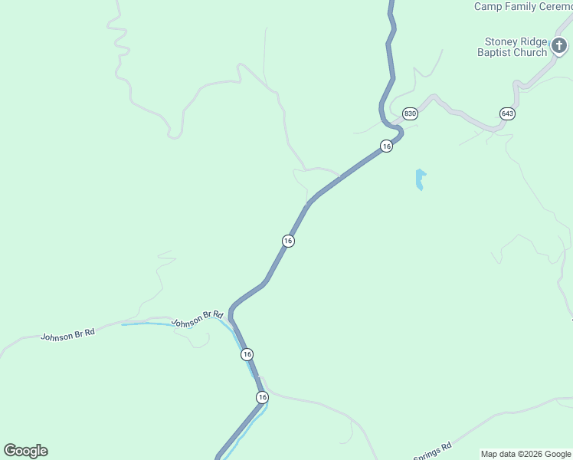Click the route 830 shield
(x=410, y=113)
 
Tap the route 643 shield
(x=507, y=113)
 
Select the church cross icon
(x=560, y=46)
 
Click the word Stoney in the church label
(x=501, y=41)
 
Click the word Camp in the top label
(x=488, y=6)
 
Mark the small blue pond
(x=419, y=179)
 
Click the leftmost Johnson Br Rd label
(x=67, y=336)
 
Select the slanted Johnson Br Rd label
(x=197, y=318)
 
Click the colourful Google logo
(x=25, y=451)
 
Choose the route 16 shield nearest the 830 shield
(x=387, y=146)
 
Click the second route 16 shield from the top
(x=288, y=241)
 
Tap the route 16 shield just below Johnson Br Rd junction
(x=246, y=354)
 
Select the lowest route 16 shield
(x=262, y=397)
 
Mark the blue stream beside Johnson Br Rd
(x=153, y=324)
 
